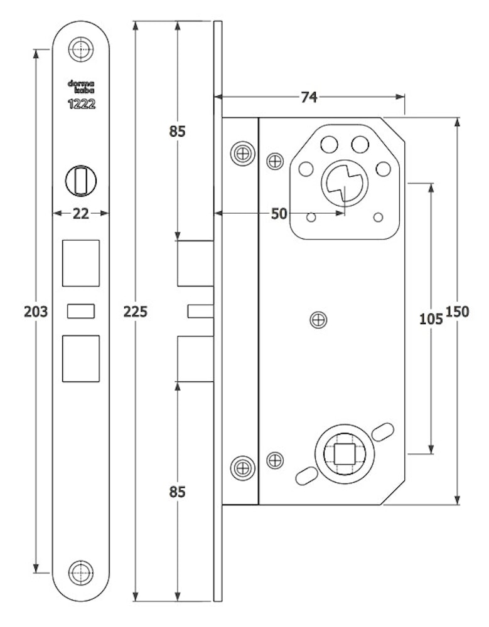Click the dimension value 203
[x=35, y=312]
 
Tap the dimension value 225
[x=136, y=312]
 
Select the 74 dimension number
[x=308, y=97]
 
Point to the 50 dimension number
[x=279, y=214]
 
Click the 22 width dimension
[x=80, y=214]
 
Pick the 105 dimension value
[x=431, y=319]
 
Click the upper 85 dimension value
[x=178, y=132]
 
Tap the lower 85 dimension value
[x=178, y=492]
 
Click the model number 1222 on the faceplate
[x=82, y=105]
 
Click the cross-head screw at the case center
[x=319, y=320]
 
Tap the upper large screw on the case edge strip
[x=242, y=152]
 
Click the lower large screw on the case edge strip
[x=242, y=467]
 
